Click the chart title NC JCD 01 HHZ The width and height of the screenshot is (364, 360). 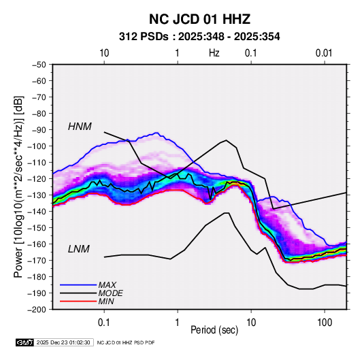point(199,19)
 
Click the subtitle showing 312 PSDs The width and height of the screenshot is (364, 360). point(199,37)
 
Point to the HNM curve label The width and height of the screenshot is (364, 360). point(80,127)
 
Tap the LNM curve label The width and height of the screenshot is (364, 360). point(79,249)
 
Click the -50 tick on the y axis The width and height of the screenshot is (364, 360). point(39,65)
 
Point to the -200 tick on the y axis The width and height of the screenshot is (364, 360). point(37,310)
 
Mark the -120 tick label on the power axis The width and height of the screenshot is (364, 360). point(37,178)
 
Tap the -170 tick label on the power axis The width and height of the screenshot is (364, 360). point(37,261)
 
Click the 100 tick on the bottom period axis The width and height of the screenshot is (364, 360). point(325,323)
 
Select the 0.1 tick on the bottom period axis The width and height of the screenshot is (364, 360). point(104,323)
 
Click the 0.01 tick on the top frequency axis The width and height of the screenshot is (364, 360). point(324,53)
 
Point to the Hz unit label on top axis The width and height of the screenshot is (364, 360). point(214,53)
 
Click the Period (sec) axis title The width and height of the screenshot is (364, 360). point(214,330)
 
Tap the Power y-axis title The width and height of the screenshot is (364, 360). point(18,186)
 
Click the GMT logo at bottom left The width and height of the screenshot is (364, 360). point(25,342)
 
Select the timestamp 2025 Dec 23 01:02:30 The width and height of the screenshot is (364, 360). point(63,342)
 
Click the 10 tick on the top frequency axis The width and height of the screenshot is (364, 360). point(104,53)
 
